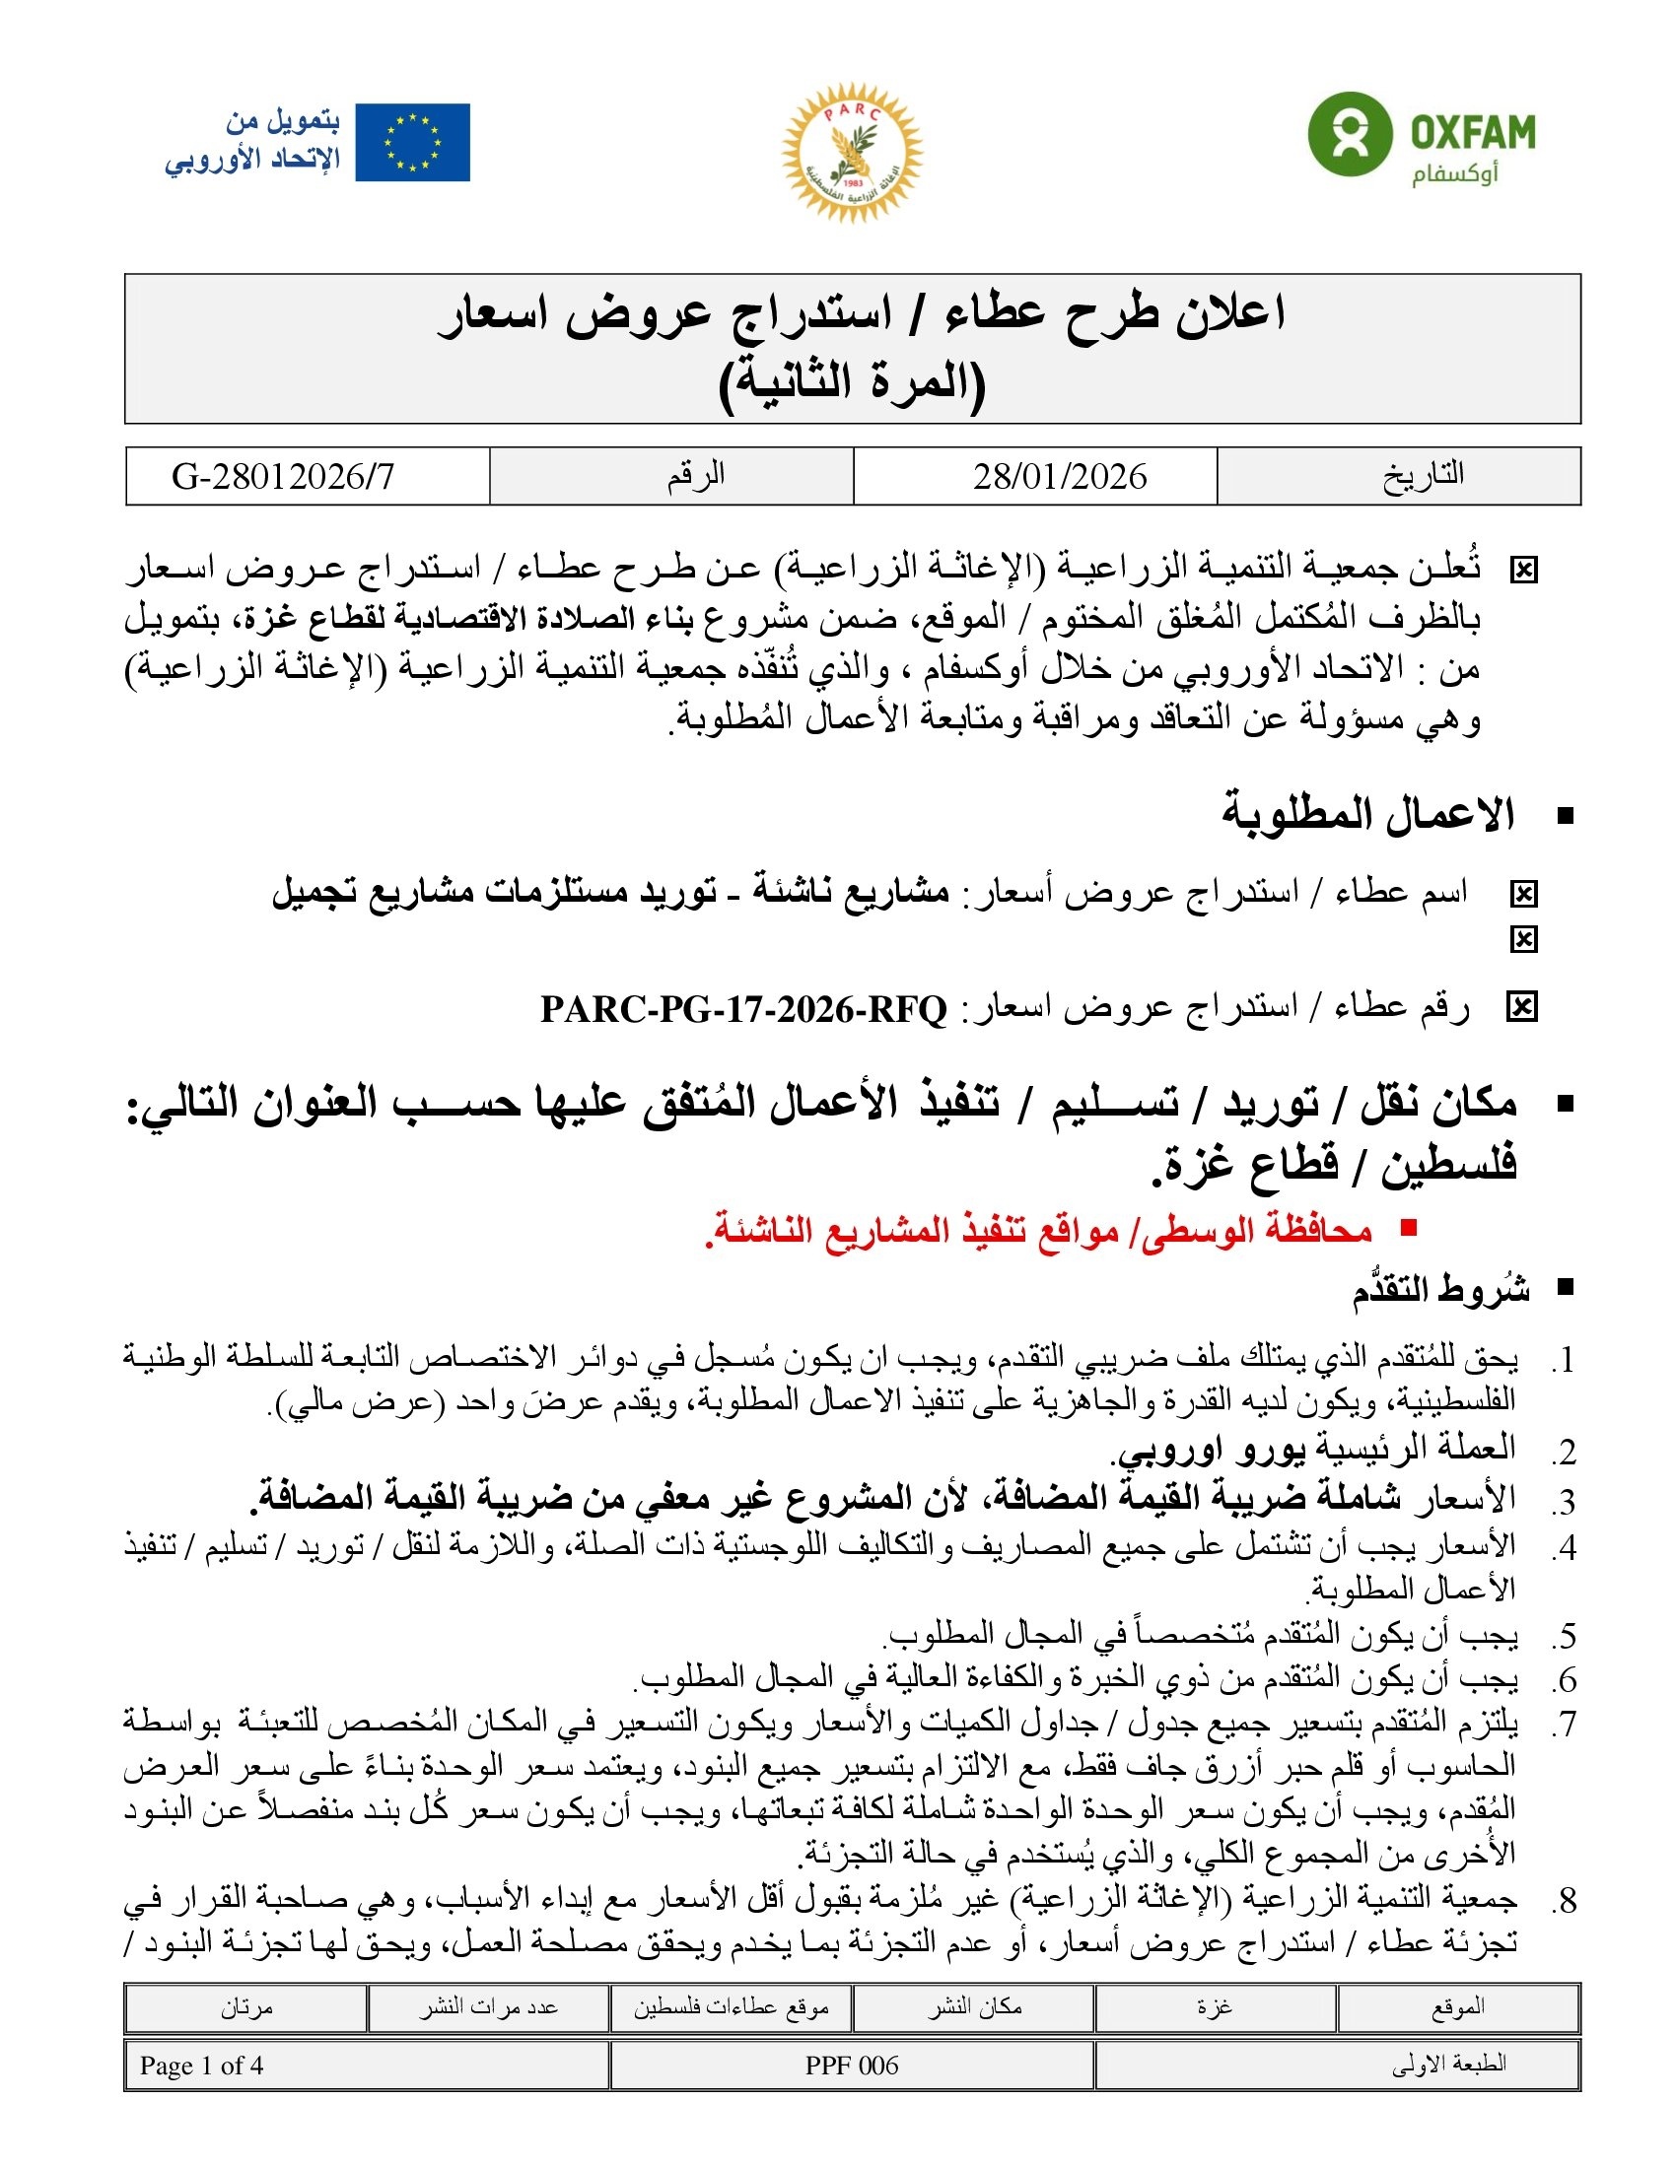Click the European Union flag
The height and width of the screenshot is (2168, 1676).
pos(412,143)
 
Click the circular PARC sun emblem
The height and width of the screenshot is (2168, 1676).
pos(852,152)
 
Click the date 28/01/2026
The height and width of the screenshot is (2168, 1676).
pos(1060,477)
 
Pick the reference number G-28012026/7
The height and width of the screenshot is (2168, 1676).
pos(283,477)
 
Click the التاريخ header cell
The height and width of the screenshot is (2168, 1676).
pos(1423,476)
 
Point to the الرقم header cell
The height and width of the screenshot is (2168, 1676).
pos(695,476)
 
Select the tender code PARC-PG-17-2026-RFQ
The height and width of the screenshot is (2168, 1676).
pos(743,1009)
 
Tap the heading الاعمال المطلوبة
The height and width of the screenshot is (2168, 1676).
pos(1367,814)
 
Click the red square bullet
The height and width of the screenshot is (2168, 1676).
pos(1407,1228)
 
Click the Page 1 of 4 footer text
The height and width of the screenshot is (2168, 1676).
pos(201,2066)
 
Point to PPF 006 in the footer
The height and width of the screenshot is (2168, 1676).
pos(851,2066)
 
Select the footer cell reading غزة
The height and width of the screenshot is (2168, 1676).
pos(1215,2006)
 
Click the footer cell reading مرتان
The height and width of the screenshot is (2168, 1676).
pos(246,2006)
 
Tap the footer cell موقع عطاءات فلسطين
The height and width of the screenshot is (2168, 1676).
pos(731,2006)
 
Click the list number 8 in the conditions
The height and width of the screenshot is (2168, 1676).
pos(1566,1901)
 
